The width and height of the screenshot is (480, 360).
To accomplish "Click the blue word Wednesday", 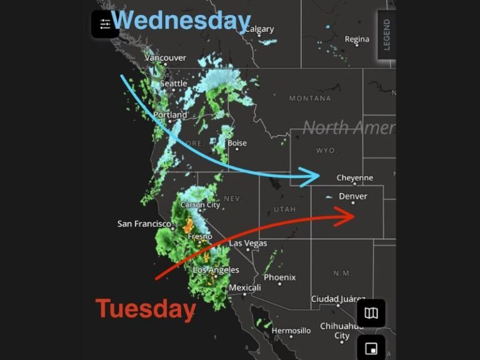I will click(x=181, y=21).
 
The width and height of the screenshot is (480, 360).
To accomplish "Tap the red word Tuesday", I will click(x=145, y=309).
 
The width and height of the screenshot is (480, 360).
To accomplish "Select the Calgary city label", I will click(x=259, y=29).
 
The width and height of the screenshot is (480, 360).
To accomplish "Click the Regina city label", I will click(x=357, y=39).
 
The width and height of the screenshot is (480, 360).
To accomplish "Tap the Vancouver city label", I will click(x=166, y=57).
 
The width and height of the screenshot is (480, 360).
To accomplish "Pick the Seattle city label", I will click(x=173, y=83).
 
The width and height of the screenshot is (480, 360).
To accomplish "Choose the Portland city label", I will click(x=170, y=115).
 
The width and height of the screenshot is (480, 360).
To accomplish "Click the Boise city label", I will click(x=237, y=143).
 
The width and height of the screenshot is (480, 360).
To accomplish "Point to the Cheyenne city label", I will click(x=354, y=178).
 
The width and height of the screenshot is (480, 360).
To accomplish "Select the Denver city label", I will click(x=353, y=196).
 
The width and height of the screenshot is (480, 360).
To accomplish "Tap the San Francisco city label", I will click(x=144, y=224).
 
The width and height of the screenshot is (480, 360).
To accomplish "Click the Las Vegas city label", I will click(x=247, y=243).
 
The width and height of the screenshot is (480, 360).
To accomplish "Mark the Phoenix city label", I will click(x=279, y=277).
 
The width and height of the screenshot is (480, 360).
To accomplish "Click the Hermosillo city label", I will click(x=291, y=330).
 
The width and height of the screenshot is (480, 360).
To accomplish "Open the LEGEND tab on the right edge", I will click(x=387, y=35).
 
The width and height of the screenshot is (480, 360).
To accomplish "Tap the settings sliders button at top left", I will click(x=104, y=24).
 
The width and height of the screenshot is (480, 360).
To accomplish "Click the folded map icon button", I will click(x=371, y=312).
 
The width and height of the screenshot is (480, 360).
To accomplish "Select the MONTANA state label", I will click(x=310, y=99).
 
